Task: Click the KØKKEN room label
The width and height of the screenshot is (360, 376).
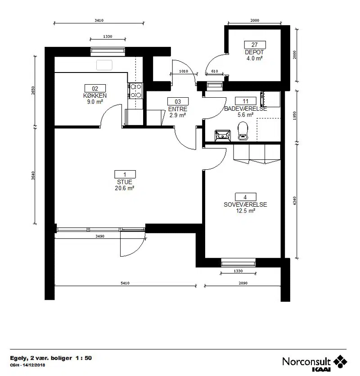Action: (x=95, y=95)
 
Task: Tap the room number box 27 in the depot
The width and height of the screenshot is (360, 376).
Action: (x=255, y=45)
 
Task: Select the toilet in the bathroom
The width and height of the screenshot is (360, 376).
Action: (x=243, y=131)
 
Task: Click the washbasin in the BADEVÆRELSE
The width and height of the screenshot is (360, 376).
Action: (x=223, y=136)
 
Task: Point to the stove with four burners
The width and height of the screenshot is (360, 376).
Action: (x=135, y=91)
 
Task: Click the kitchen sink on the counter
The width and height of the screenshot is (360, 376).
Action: (x=104, y=65)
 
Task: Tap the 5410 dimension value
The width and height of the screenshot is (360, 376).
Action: (x=125, y=283)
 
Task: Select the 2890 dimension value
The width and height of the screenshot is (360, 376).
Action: (x=243, y=283)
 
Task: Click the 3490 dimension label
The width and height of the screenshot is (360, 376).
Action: (x=100, y=236)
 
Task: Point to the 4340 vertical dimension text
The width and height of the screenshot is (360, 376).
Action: (x=295, y=201)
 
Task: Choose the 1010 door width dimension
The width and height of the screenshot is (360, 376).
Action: (x=184, y=71)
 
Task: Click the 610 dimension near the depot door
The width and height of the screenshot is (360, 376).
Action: (x=215, y=71)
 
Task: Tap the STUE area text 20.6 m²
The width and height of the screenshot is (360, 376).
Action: (x=124, y=188)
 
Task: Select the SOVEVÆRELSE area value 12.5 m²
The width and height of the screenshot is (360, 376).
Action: (x=245, y=211)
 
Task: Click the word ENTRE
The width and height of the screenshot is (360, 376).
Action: (x=178, y=109)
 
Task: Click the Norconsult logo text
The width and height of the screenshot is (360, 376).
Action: (x=306, y=362)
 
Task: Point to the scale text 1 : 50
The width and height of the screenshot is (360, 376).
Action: (x=84, y=358)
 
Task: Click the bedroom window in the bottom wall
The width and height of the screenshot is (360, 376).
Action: (x=238, y=263)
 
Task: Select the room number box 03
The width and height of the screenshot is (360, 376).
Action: (x=178, y=101)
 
